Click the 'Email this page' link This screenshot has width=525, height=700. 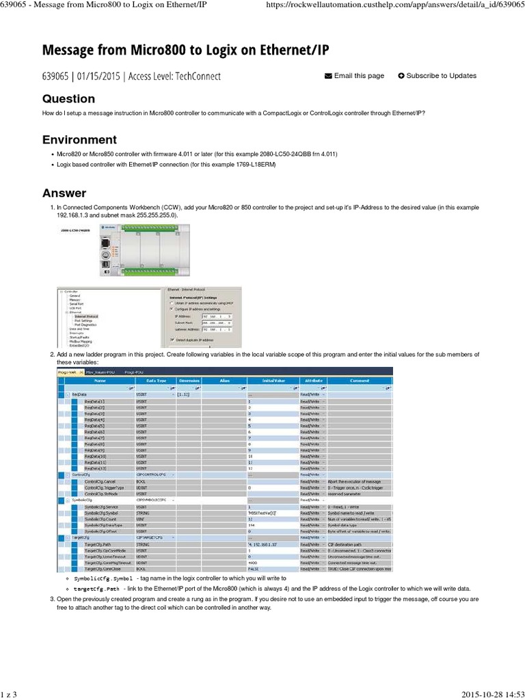coord(354,76)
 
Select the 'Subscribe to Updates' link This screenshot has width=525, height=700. coord(437,76)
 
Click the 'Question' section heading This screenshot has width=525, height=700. coord(68,98)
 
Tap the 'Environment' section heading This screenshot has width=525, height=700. coord(79,139)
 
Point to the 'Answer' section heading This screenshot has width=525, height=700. coord(64,193)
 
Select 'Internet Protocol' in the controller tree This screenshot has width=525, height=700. coord(86,317)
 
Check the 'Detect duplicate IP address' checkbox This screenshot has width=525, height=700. coord(172,339)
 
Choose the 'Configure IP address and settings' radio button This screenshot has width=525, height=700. coord(172,308)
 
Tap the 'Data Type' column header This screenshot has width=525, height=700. coord(155,380)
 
